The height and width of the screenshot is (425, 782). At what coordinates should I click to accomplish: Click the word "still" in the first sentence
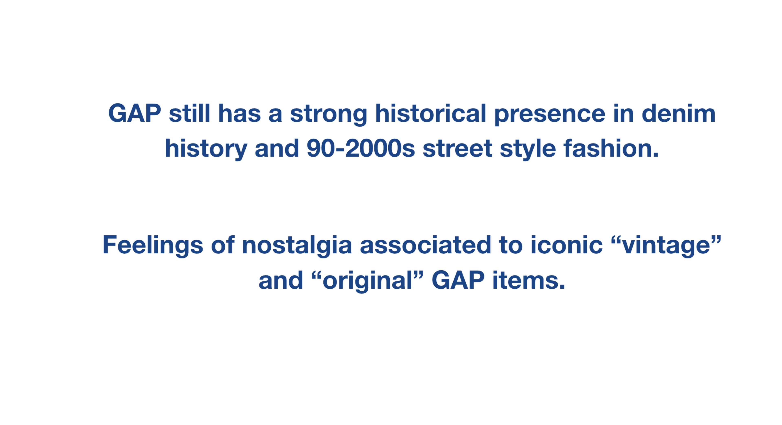(189, 114)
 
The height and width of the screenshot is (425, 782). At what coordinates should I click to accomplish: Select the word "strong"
(328, 115)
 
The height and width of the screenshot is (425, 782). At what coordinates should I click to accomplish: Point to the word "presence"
(550, 115)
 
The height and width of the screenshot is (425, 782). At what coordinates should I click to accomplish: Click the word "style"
(528, 149)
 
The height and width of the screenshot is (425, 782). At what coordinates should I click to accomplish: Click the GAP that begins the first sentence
(134, 113)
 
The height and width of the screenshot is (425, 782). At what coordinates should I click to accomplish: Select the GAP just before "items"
(458, 280)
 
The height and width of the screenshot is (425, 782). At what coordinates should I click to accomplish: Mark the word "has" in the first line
(239, 113)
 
